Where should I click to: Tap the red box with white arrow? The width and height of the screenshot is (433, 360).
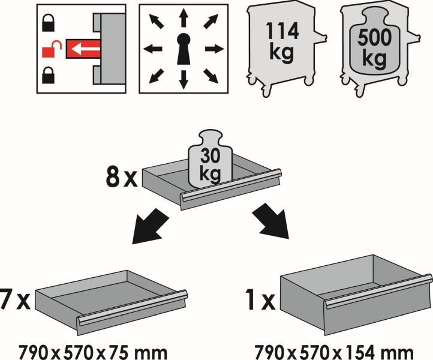click(x=83, y=49)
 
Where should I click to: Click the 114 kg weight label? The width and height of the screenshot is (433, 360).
click(x=282, y=41)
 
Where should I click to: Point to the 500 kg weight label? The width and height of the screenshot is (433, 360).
click(x=374, y=47)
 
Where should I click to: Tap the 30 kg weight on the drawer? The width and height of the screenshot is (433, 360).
click(x=210, y=160)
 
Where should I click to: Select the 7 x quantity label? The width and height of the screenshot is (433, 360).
click(x=15, y=299)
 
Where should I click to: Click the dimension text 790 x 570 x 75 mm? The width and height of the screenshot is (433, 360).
click(x=93, y=352)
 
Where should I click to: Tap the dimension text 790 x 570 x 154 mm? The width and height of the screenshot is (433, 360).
click(x=333, y=352)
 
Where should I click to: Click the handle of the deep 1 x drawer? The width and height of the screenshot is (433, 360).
click(x=379, y=291)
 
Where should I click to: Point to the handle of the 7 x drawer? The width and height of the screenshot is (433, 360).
click(x=132, y=308)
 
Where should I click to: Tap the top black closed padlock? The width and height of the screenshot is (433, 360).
click(x=49, y=23)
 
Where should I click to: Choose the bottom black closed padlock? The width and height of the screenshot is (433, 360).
click(x=49, y=75)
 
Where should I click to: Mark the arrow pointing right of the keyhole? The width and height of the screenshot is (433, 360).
click(x=215, y=49)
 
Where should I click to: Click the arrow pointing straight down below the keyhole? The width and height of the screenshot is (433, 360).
click(x=183, y=80)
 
